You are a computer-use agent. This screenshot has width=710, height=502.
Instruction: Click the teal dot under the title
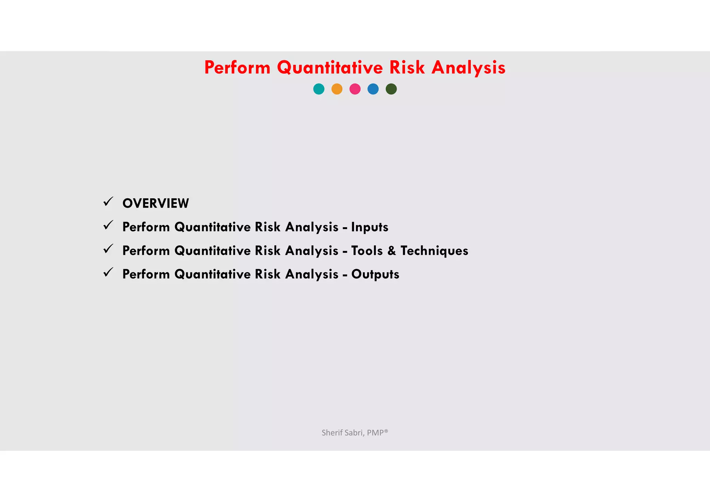coord(319,89)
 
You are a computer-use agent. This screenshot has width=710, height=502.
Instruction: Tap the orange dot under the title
coord(337,89)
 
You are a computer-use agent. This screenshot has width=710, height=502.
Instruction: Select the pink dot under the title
coord(355,89)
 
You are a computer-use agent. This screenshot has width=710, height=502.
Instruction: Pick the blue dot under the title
coord(373,89)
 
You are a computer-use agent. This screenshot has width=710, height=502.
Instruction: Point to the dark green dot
coord(391,89)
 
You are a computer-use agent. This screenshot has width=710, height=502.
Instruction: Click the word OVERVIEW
coord(156,203)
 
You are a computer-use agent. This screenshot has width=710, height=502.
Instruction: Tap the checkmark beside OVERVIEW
coord(108,202)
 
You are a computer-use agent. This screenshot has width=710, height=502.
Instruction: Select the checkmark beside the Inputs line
coord(108,225)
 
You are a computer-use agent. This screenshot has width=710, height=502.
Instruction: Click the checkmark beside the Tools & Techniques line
coord(108,249)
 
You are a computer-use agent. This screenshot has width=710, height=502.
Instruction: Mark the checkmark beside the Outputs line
coord(108,272)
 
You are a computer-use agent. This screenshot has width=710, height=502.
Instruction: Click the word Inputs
coord(370,227)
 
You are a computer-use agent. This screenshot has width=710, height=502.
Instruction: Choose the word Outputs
coord(375,274)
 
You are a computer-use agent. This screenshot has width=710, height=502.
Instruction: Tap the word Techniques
coord(434,251)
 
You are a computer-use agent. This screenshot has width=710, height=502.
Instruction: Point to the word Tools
coord(367,251)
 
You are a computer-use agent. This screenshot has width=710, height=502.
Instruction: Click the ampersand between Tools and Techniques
coord(392,251)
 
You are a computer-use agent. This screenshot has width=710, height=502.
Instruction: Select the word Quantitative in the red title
coord(330,68)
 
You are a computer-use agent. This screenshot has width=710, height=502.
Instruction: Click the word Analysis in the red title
coord(468,68)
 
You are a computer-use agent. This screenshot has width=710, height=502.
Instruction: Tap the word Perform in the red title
coord(237,68)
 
